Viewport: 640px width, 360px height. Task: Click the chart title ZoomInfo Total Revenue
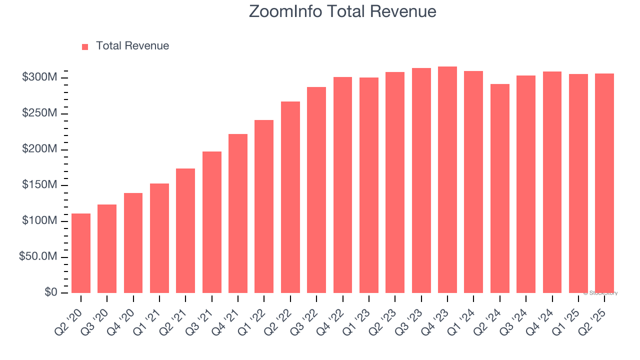342,11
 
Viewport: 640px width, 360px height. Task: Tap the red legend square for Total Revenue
85,46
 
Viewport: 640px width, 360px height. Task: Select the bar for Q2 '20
81,253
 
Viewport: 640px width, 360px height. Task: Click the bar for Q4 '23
447,180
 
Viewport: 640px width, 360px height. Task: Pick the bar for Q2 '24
499,188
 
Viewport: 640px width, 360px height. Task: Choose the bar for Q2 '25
604,183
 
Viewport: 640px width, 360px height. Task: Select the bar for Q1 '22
264,206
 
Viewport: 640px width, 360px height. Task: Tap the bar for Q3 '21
211,222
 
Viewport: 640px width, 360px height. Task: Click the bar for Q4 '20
133,243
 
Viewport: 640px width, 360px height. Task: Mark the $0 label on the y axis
50,292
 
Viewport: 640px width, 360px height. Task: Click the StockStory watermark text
600,293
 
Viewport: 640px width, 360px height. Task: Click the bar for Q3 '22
316,190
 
